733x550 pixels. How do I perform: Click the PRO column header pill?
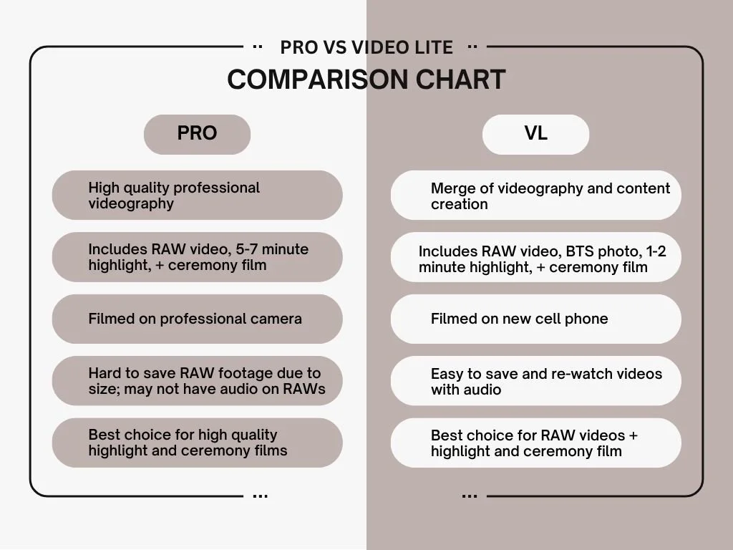click(x=197, y=134)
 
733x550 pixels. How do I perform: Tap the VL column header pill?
click(x=535, y=134)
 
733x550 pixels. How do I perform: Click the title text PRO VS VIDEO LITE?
click(x=366, y=47)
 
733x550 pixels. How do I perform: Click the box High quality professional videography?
click(x=197, y=195)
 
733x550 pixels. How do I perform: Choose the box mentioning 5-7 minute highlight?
click(x=197, y=257)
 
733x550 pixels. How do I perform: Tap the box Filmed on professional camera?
click(x=197, y=319)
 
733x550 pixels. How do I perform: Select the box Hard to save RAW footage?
click(x=197, y=381)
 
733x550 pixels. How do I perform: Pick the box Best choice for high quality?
click(x=197, y=443)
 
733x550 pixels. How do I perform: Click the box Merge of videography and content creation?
click(x=535, y=195)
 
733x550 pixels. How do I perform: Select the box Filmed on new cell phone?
click(x=535, y=319)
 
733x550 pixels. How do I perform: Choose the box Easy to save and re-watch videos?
click(x=535, y=381)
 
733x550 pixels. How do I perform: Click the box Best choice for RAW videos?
click(x=535, y=443)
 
